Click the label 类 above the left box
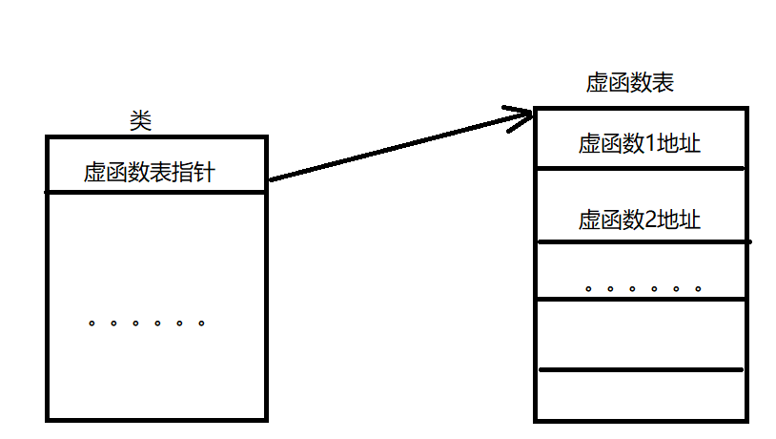coord(140,120)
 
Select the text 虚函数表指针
coord(149,173)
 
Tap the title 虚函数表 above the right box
coord(629,83)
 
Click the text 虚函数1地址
coord(639,144)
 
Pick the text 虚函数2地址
coord(639,220)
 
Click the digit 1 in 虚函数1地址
coord(652,144)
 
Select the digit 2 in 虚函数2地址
coord(652,220)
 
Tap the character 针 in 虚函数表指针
coord(205,173)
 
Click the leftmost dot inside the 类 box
coord(92,324)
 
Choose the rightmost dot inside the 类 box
coord(201,324)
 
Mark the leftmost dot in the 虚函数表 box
coord(587,288)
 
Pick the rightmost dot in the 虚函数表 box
coord(699,288)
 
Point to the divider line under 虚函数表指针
coord(156,193)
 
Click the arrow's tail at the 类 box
coord(273,178)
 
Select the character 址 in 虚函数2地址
coord(690,220)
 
